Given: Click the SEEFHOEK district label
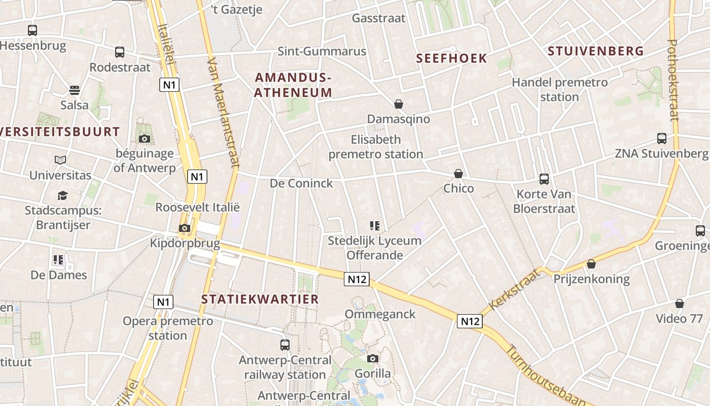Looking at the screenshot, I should pos(451,58).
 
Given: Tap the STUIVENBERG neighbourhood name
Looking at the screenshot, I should pos(595,51).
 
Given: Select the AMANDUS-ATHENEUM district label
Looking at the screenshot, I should pos(293,85).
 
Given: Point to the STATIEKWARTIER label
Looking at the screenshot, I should pos(260,299).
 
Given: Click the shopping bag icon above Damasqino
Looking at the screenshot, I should pos(399,105).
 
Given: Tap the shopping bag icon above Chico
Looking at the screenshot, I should pos(458,174).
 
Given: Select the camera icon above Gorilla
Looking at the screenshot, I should pos(373,359).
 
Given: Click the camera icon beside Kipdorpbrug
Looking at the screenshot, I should pos(185,228).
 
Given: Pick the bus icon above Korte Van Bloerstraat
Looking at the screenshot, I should pos(544,179).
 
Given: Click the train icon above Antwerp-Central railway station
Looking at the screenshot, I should pos(285,345).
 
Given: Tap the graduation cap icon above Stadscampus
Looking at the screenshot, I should pos(62,195).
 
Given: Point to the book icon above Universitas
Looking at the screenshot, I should pos(60,160).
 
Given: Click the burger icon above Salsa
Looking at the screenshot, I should pos(75,90).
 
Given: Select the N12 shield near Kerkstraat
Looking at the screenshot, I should pos(470,321).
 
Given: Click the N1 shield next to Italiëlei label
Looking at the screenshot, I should pos(169,84).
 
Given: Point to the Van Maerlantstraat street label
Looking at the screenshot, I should pos(223,112).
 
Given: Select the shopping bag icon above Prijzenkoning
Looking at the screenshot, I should pos(591,264).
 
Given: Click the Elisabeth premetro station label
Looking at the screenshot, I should pos(375,147).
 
